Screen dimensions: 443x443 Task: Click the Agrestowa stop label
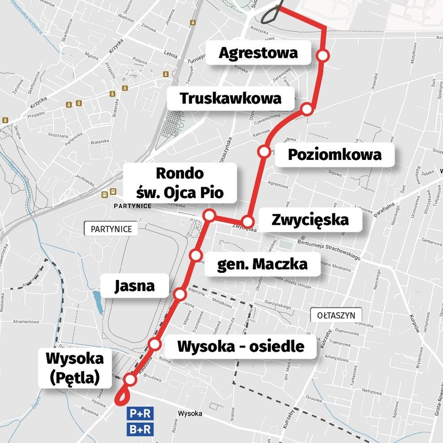point(258,53)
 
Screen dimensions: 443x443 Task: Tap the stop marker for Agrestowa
point(323,56)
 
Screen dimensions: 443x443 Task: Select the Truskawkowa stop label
point(231,98)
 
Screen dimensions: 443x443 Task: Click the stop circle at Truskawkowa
point(307,109)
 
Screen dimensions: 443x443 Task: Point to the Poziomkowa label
point(334,155)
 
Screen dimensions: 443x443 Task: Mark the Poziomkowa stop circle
point(264,151)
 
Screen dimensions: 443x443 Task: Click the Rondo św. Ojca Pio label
point(180,183)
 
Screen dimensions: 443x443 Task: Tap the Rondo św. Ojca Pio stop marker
point(209,215)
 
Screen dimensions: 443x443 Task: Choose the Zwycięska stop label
point(310,220)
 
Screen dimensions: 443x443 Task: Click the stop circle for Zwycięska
point(248,222)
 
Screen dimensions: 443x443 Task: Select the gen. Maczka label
point(262,264)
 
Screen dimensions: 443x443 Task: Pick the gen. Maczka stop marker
point(196,255)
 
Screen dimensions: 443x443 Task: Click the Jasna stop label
point(134,286)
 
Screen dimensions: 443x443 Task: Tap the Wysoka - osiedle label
point(241,346)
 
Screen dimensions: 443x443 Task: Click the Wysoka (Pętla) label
point(74,368)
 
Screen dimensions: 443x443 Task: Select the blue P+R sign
point(140,414)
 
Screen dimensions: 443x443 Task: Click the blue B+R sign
point(140,430)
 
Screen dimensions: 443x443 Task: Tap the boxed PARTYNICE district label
point(111,229)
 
